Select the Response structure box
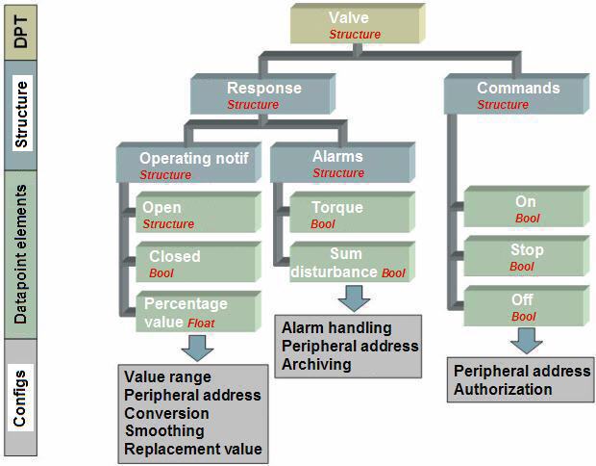click(x=263, y=94)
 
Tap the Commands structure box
click(x=517, y=94)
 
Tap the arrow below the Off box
click(x=527, y=341)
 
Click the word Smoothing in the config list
click(x=164, y=430)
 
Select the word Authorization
click(x=503, y=389)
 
